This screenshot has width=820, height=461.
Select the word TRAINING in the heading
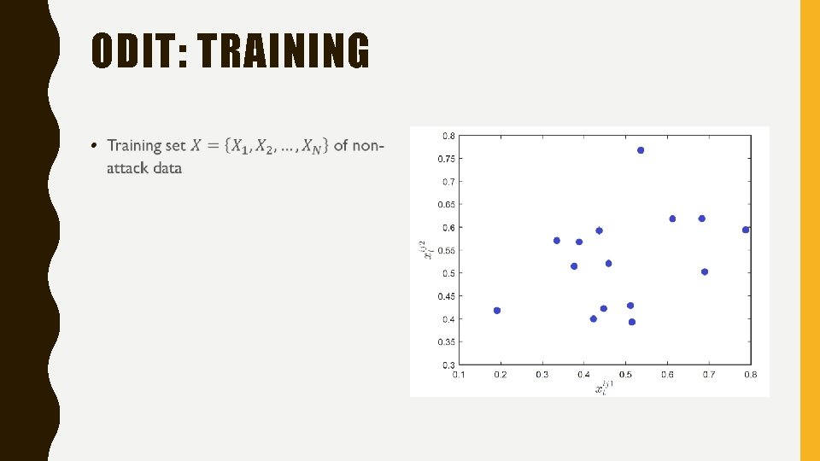[x=284, y=51]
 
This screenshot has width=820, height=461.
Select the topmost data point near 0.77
[x=641, y=150]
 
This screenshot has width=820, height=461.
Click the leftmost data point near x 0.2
[x=497, y=311]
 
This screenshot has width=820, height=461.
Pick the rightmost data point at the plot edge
[x=746, y=230]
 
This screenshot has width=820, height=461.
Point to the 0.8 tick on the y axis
[x=448, y=136]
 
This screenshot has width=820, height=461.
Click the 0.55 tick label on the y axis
[x=447, y=250]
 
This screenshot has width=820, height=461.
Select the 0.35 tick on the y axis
[x=447, y=341]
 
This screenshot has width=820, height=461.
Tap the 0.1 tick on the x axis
[x=460, y=374]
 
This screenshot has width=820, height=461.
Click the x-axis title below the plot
[x=604, y=387]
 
